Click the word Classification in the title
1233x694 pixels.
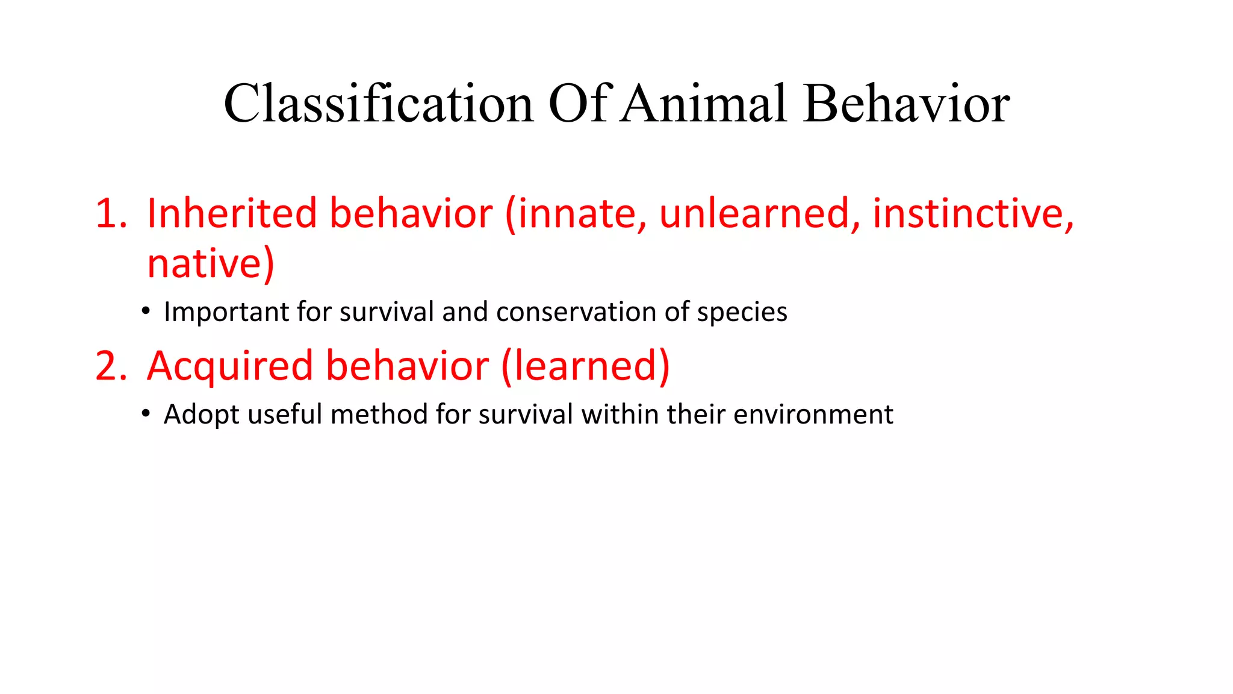coord(378,104)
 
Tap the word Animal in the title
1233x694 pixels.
coord(703,104)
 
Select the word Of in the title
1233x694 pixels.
coord(580,104)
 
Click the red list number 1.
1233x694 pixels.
coord(110,213)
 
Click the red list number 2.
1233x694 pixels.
coord(110,366)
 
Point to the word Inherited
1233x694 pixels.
coord(232,213)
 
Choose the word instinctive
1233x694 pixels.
coord(972,213)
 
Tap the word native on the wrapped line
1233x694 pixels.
coord(203,264)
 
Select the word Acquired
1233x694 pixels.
coord(229,366)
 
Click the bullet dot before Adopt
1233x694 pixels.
coord(146,414)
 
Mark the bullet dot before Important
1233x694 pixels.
coord(146,311)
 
